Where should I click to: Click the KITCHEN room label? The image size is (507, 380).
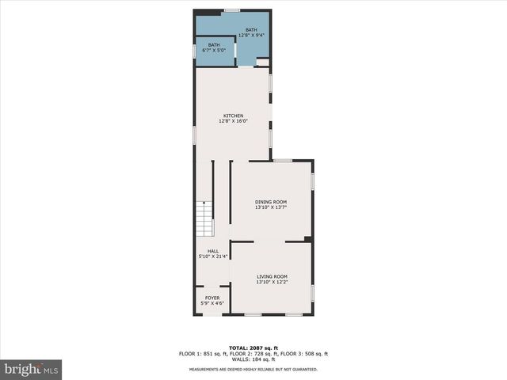pyautogui.click(x=233, y=116)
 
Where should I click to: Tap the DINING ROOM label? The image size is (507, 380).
pyautogui.click(x=271, y=202)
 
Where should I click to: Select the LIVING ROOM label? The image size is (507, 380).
pyautogui.click(x=271, y=276)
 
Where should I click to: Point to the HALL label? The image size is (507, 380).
pyautogui.click(x=213, y=251)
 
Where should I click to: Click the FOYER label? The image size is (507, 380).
pyautogui.click(x=213, y=298)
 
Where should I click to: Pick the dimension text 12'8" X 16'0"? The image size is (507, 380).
pyautogui.click(x=233, y=121)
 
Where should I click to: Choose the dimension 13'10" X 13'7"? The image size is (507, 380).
pyautogui.click(x=271, y=207)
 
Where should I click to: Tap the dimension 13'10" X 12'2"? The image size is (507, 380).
pyautogui.click(x=271, y=282)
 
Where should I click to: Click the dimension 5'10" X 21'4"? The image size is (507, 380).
pyautogui.click(x=213, y=256)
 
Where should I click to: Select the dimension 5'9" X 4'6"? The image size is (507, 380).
pyautogui.click(x=213, y=303)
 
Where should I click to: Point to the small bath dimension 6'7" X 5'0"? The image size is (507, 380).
pyautogui.click(x=214, y=50)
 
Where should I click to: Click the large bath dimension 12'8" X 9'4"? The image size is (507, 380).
pyautogui.click(x=251, y=35)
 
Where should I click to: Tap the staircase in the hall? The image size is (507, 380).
pyautogui.click(x=205, y=219)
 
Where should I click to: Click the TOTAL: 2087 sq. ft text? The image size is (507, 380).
pyautogui.click(x=253, y=348)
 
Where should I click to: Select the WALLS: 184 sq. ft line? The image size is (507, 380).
pyautogui.click(x=253, y=359)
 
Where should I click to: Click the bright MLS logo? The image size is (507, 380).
pyautogui.click(x=32, y=369)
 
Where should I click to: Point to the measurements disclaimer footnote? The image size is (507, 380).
pyautogui.click(x=253, y=370)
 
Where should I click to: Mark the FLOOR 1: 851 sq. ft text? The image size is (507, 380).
pyautogui.click(x=204, y=354)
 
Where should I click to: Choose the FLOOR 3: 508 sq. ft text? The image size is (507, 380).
pyautogui.click(x=303, y=354)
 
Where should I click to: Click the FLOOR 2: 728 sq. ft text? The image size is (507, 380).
pyautogui.click(x=253, y=354)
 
